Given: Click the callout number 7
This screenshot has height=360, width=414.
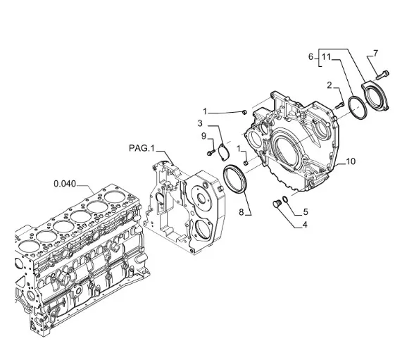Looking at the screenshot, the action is point(375,54).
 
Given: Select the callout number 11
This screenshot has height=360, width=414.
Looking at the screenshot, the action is point(327,57).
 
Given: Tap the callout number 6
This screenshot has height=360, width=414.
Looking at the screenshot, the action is point(311,57).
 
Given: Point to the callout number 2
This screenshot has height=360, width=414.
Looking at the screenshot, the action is point(330,85).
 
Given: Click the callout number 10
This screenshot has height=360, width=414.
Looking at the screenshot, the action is point(351,161).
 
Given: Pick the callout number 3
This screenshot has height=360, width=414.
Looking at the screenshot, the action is point(200,123).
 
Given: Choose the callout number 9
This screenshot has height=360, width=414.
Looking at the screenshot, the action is point(204,136).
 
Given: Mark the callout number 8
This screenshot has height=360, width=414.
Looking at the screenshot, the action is point(241,212).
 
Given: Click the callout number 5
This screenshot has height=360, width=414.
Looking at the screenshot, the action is point(306,212).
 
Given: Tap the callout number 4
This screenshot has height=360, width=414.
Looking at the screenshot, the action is point(305,225).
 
